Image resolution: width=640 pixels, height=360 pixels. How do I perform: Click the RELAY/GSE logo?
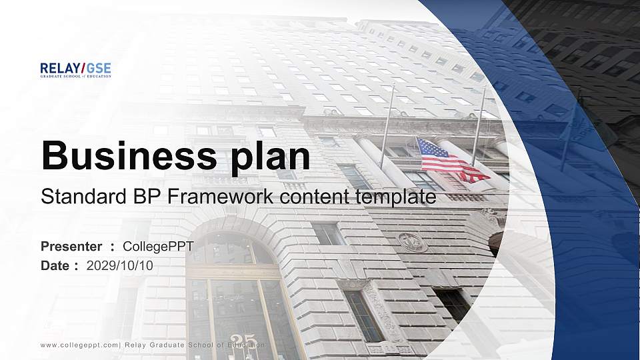(x=75, y=69)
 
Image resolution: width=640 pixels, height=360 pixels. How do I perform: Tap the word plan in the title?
(x=270, y=157)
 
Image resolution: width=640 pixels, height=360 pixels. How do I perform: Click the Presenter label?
(x=71, y=247)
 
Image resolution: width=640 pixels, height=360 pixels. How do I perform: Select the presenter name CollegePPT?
(x=158, y=247)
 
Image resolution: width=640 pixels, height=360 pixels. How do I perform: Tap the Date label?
(x=56, y=265)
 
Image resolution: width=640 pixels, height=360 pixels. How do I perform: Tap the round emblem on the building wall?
(x=413, y=242)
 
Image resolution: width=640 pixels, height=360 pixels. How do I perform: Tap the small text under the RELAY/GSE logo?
(x=75, y=76)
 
